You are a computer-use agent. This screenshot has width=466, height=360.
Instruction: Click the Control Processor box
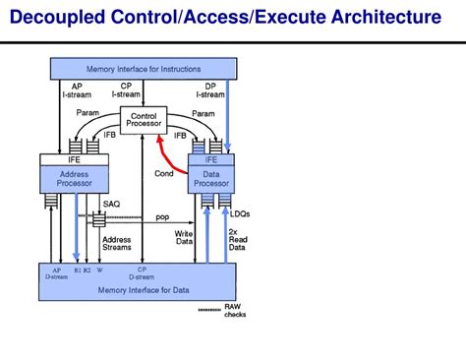tap(144, 119)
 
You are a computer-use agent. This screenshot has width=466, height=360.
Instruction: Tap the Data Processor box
tap(210, 179)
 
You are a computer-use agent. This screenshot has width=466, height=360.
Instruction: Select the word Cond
tap(164, 173)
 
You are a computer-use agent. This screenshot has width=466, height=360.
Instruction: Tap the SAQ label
tap(112, 204)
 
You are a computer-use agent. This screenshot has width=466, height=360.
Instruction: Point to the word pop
tap(162, 216)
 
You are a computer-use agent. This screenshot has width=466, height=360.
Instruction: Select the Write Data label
tap(184, 239)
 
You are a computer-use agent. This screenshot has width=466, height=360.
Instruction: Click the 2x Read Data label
tap(237, 240)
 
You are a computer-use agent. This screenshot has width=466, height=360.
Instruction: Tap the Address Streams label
tap(117, 243)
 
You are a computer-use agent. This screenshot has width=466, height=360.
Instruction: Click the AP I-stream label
tap(77, 90)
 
